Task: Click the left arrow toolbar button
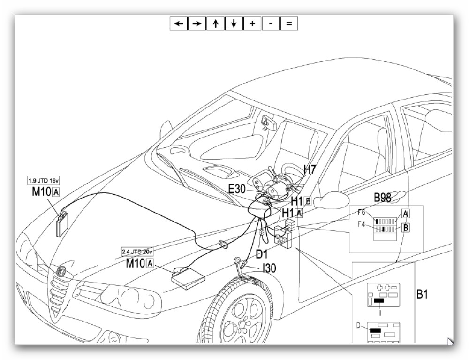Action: pyautogui.click(x=178, y=23)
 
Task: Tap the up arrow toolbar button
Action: pyautogui.click(x=215, y=23)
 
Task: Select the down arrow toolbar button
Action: pyautogui.click(x=234, y=23)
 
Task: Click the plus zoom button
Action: pyautogui.click(x=252, y=23)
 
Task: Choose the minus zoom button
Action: pyautogui.click(x=271, y=23)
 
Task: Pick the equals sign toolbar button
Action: pyautogui.click(x=289, y=23)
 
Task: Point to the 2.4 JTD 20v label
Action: pyautogui.click(x=137, y=252)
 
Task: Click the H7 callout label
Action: pyautogui.click(x=310, y=169)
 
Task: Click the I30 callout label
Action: pyautogui.click(x=269, y=268)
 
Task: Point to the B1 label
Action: pyautogui.click(x=423, y=295)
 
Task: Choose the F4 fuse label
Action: pyautogui.click(x=362, y=224)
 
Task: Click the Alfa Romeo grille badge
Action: pyautogui.click(x=61, y=271)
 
